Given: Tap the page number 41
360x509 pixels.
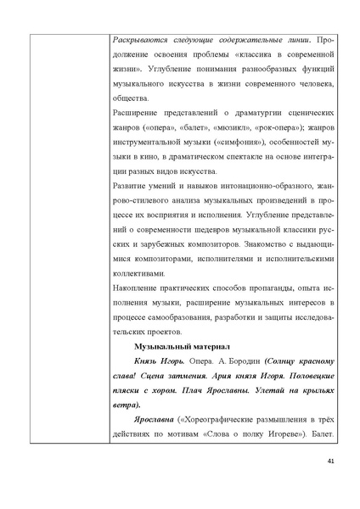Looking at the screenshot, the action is (331, 484).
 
